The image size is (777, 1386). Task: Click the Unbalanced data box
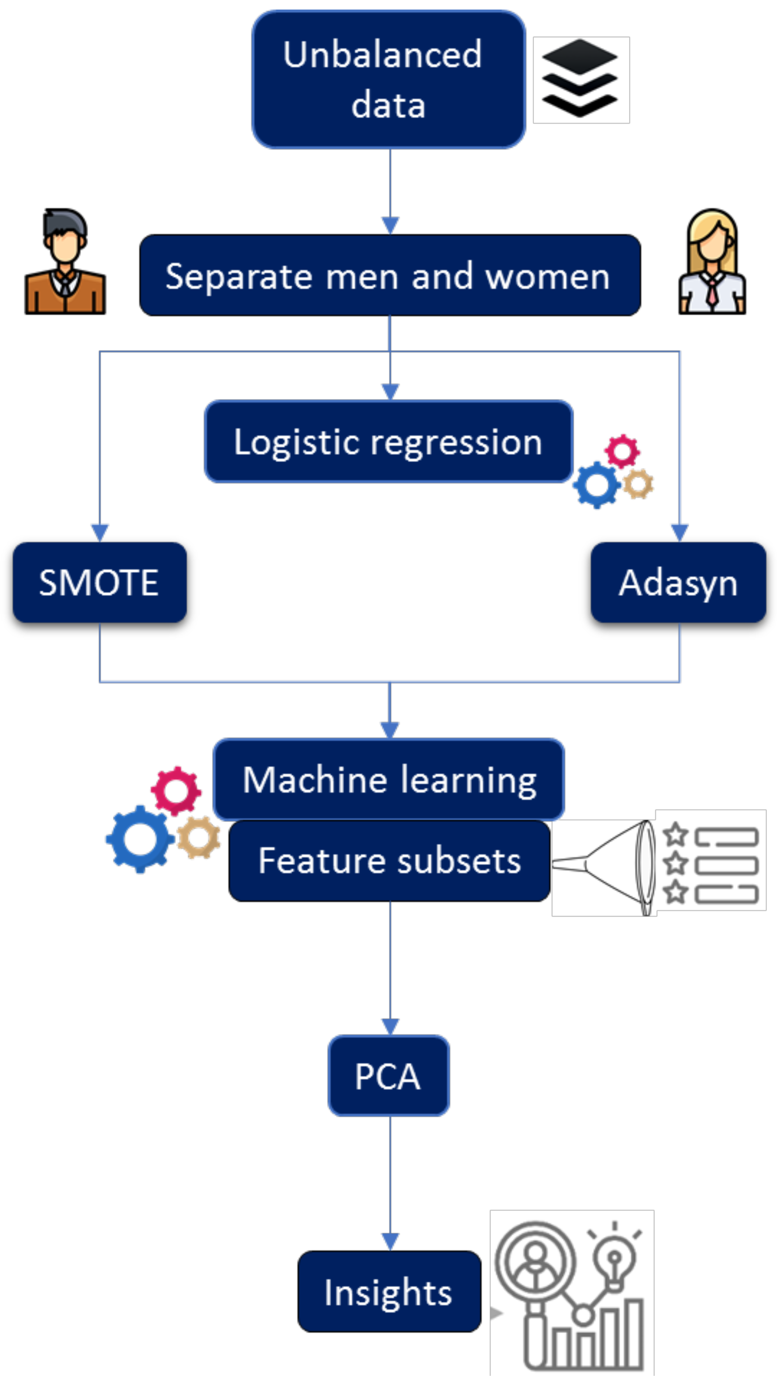coord(388,79)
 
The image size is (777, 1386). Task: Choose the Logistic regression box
coord(388,441)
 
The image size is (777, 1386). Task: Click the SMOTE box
coord(99,582)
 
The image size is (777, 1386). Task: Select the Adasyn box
coord(678,582)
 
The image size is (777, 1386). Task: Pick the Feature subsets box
coord(389,860)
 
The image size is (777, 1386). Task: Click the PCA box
coord(388,1075)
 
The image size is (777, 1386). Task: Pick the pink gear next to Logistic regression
coord(622,451)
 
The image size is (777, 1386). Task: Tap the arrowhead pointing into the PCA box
coord(390,1027)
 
